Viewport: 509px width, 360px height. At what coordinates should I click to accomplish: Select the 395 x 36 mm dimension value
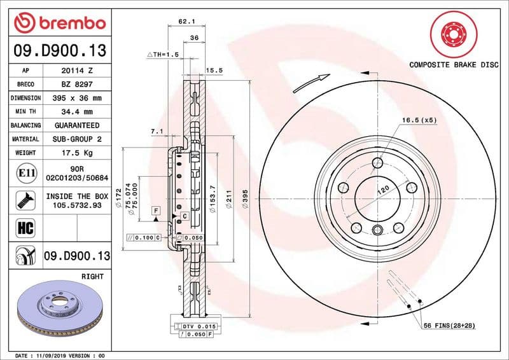(x=78, y=99)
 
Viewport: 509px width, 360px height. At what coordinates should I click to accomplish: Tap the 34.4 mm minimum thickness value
(x=78, y=112)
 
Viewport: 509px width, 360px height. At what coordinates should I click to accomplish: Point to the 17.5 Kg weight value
(x=78, y=153)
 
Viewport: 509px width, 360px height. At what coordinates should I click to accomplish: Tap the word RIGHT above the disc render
(x=92, y=277)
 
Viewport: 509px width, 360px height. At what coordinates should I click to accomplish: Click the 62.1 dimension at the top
(x=186, y=21)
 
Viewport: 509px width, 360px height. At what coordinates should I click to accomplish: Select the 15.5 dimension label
(x=213, y=71)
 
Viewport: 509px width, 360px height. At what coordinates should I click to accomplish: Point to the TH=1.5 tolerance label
(x=163, y=55)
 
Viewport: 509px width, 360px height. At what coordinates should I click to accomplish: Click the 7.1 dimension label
(x=157, y=132)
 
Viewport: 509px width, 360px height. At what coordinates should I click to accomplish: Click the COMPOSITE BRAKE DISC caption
(x=453, y=66)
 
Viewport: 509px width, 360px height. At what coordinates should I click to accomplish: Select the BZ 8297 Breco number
(x=78, y=85)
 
